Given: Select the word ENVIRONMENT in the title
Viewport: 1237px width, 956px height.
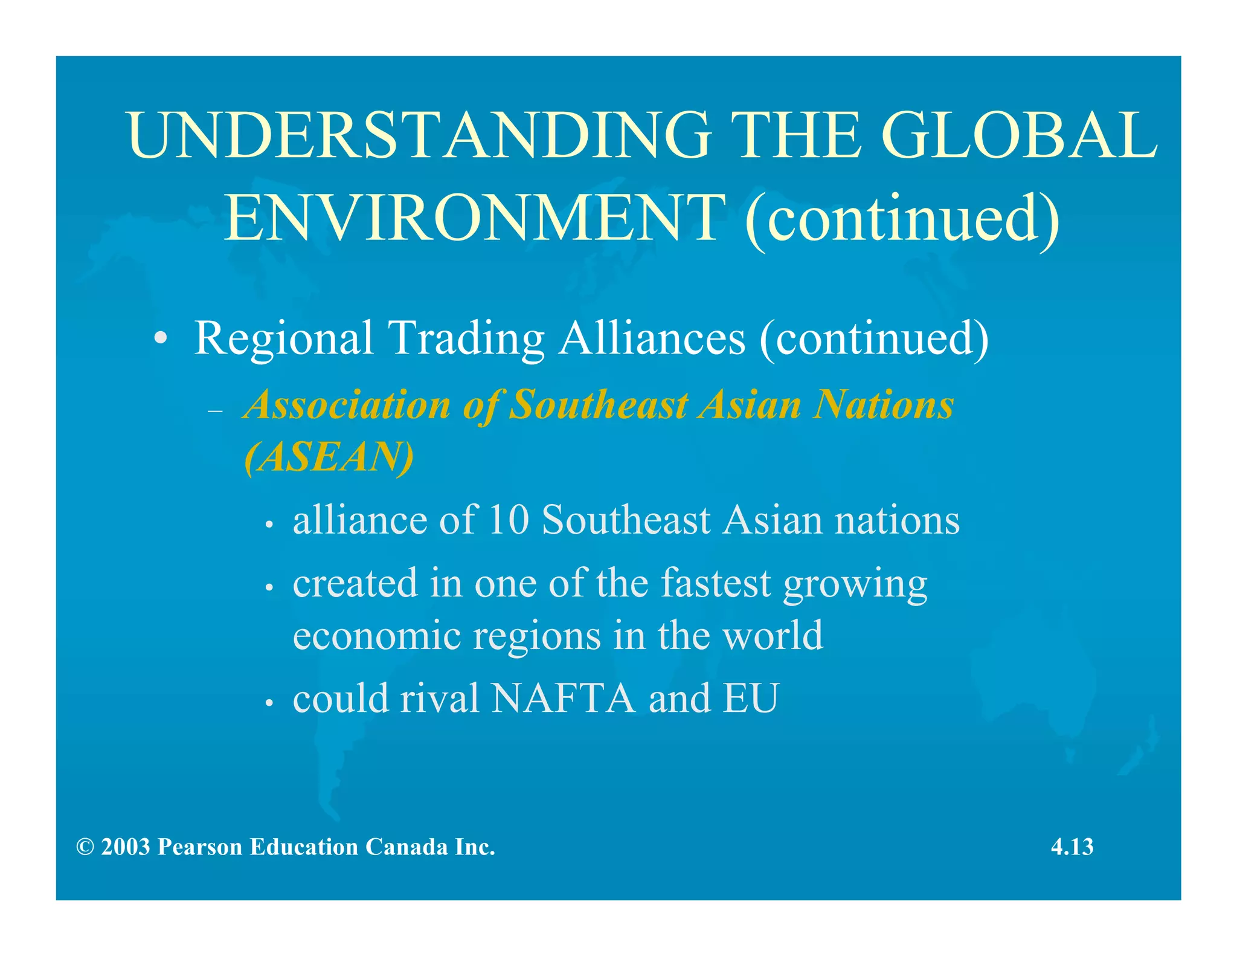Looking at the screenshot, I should point(475,218).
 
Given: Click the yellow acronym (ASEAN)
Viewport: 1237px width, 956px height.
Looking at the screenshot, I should point(329,457).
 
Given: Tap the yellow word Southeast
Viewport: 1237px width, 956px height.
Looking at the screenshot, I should point(599,404).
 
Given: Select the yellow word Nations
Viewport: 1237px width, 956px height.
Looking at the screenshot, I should point(883,404).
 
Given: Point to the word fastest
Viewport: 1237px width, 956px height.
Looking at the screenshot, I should point(716,583).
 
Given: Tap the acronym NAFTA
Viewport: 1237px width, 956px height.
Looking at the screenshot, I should point(563,699).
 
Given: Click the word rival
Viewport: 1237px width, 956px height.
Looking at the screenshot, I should point(439,699).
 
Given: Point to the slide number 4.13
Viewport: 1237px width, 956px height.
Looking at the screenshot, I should point(1072,847).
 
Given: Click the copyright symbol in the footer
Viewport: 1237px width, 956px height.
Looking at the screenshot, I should point(85,847).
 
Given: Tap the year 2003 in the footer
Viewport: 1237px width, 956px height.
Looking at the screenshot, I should point(126,847).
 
